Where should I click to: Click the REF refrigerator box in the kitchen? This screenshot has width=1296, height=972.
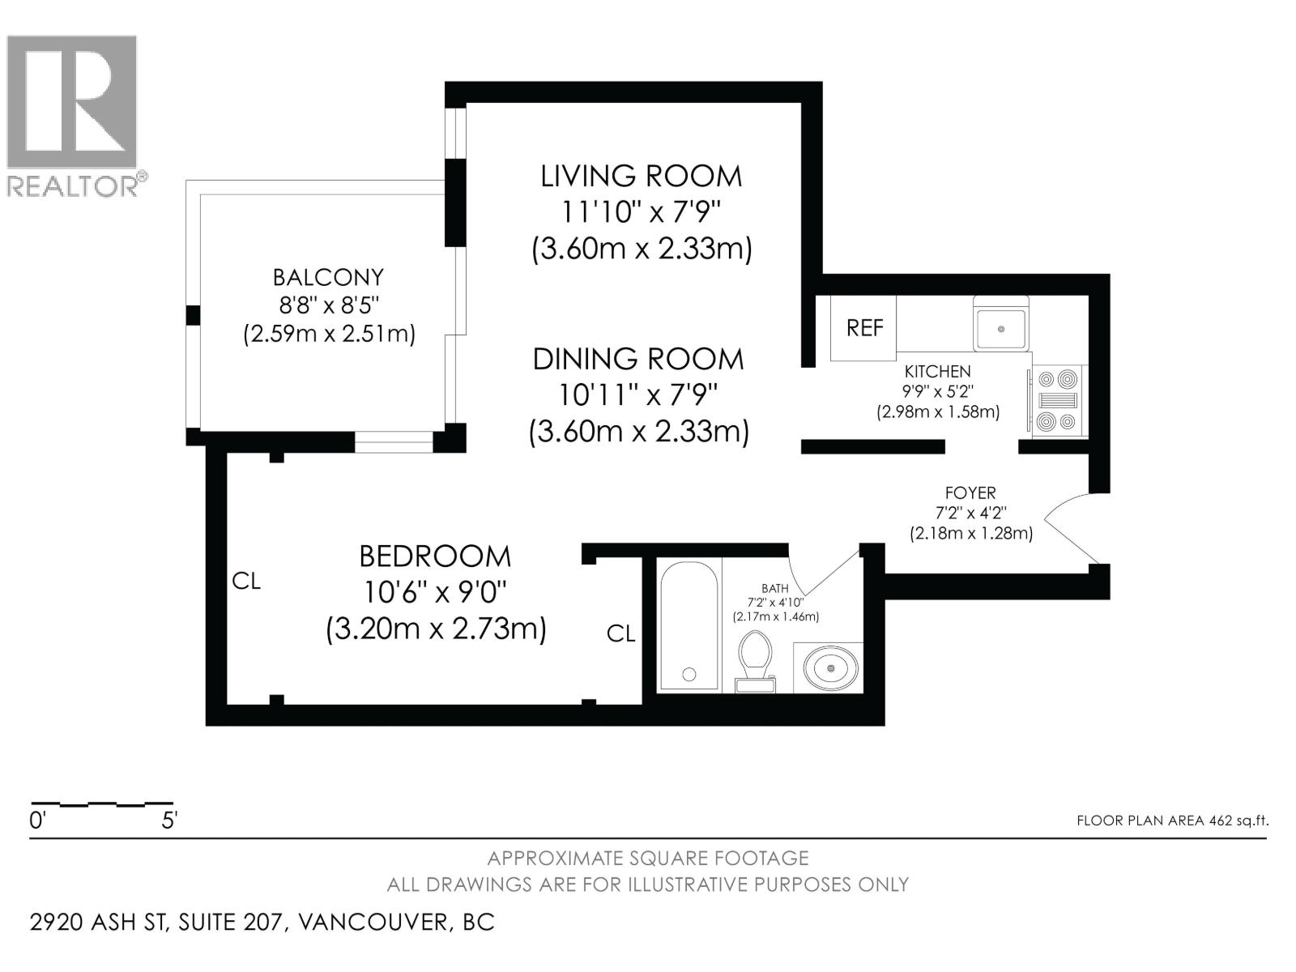click(863, 328)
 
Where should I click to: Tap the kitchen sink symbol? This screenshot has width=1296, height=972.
click(1001, 328)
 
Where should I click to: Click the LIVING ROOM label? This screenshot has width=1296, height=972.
click(641, 176)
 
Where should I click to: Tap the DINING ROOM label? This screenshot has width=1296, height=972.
click(637, 359)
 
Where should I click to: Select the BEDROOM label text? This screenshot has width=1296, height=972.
click(435, 556)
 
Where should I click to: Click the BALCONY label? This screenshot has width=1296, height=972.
click(328, 278)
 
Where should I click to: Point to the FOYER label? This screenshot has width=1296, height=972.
click(970, 492)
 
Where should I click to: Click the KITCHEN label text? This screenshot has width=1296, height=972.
click(937, 372)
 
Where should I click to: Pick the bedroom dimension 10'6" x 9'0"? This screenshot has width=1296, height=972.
click(435, 593)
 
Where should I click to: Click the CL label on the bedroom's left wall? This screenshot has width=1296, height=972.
click(246, 581)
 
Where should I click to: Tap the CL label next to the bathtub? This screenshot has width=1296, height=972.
click(621, 633)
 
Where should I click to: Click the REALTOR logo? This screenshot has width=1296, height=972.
click(73, 113)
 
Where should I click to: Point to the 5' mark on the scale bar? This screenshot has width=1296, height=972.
click(169, 821)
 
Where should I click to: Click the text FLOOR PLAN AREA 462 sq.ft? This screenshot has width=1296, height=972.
click(1172, 821)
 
